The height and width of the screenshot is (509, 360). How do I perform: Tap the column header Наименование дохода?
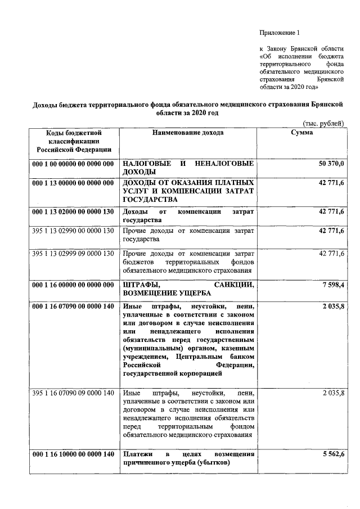point(187,133)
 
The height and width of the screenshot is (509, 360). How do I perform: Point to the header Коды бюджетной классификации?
point(74,141)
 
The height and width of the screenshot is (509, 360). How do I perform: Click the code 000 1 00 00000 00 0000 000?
point(74,163)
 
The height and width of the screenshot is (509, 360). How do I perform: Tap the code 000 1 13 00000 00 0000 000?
point(74,183)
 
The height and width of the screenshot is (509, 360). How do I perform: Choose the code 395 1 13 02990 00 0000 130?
point(74,231)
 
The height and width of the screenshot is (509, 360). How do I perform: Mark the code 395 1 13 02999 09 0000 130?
point(74,254)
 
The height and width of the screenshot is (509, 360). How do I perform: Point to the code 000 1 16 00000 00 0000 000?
point(74,285)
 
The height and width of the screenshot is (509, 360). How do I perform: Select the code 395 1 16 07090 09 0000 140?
point(74,392)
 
